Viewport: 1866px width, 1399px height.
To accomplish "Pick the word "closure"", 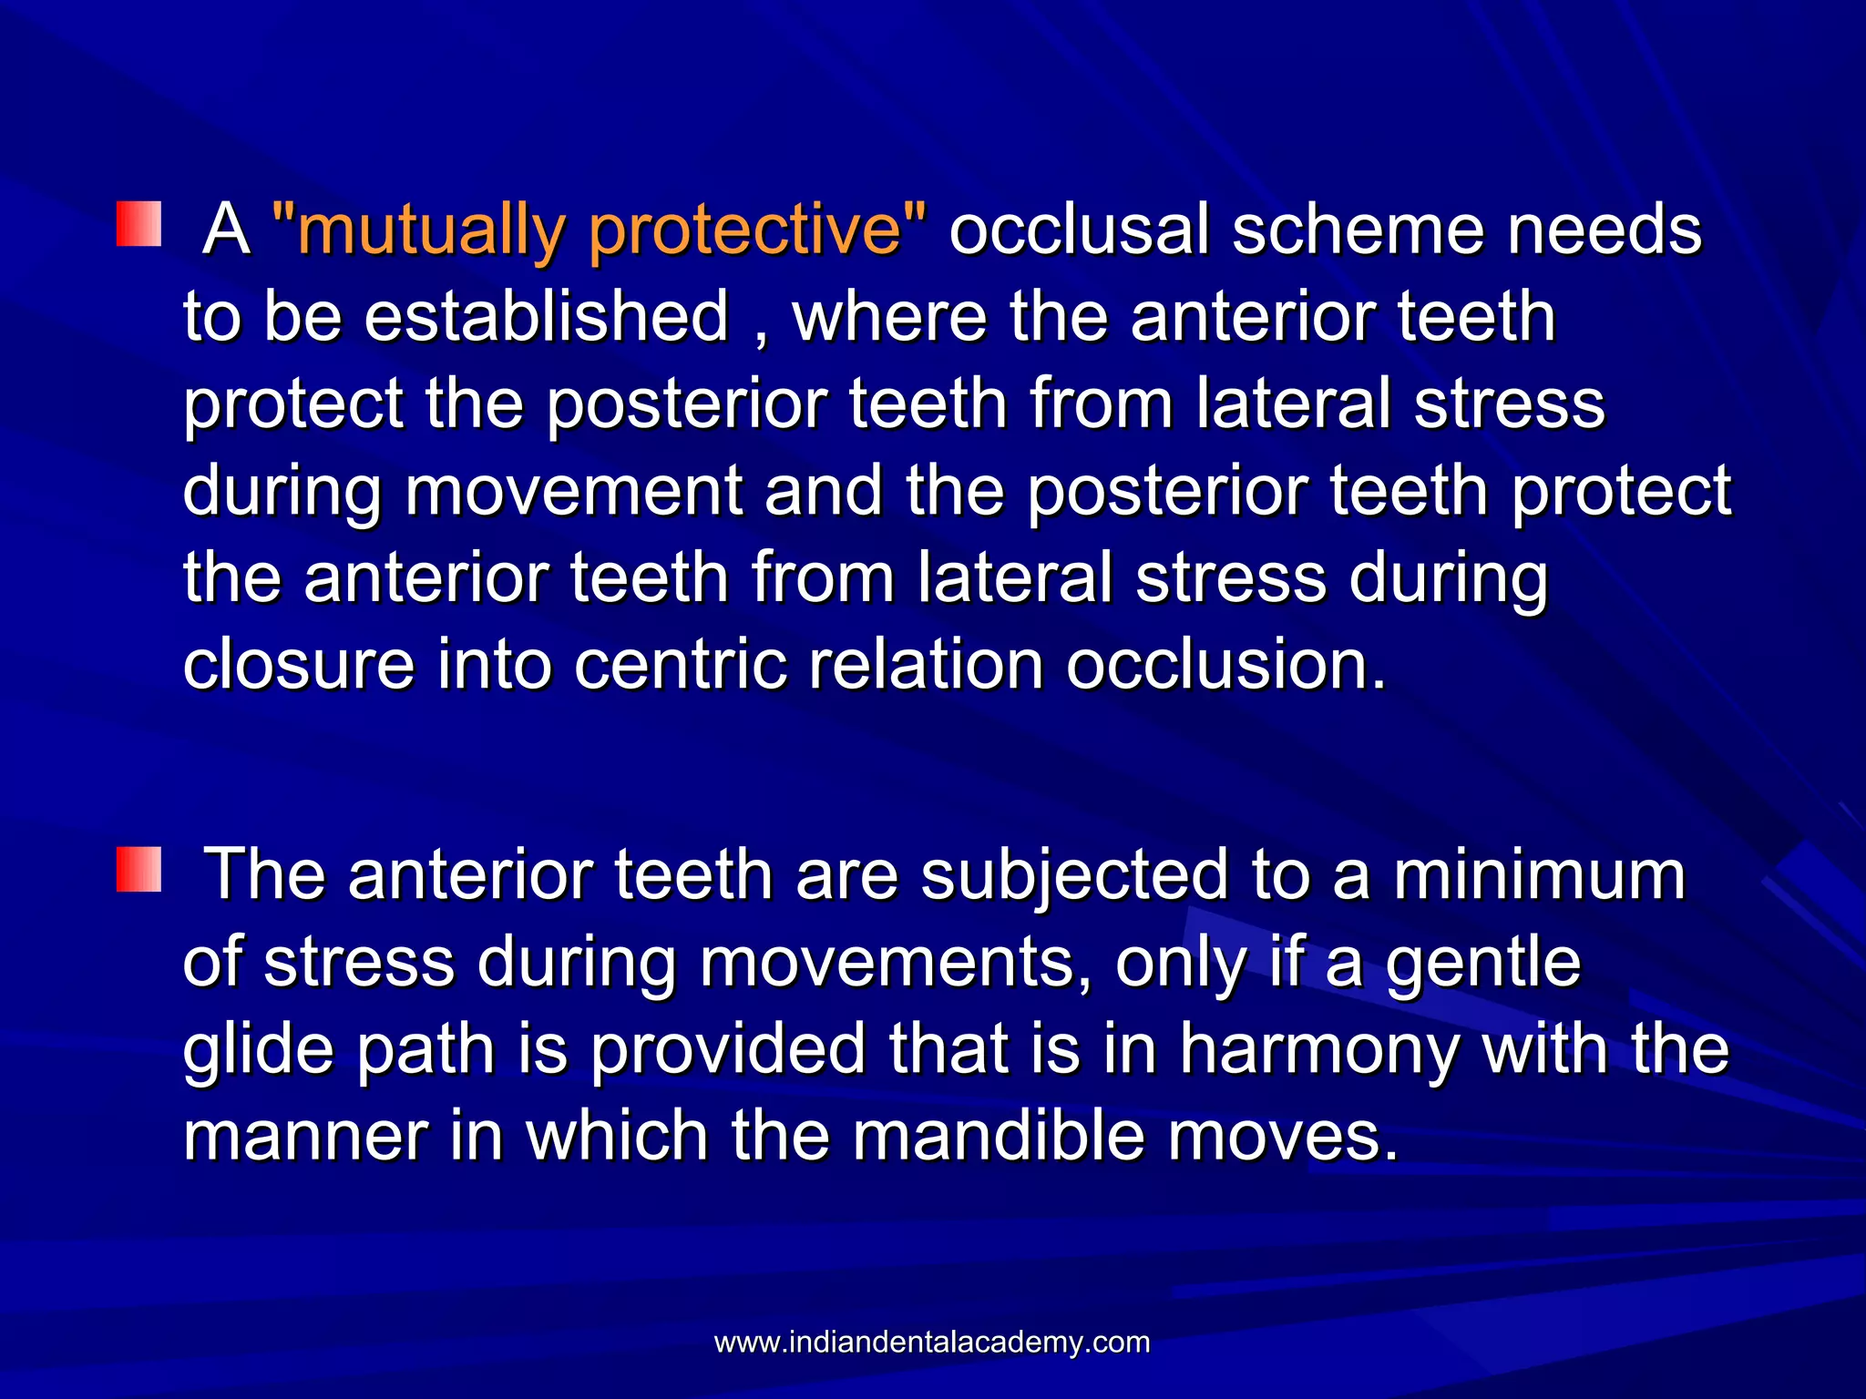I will point(299,665).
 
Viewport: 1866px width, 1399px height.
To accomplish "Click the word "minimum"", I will point(1540,875).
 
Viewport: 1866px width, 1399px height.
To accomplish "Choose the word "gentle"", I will point(1483,964).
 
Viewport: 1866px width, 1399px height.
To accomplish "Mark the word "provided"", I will point(728,1050).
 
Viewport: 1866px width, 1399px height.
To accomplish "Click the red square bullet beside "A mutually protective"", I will point(138,225).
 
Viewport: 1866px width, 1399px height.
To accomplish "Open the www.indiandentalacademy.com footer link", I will point(932,1343).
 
